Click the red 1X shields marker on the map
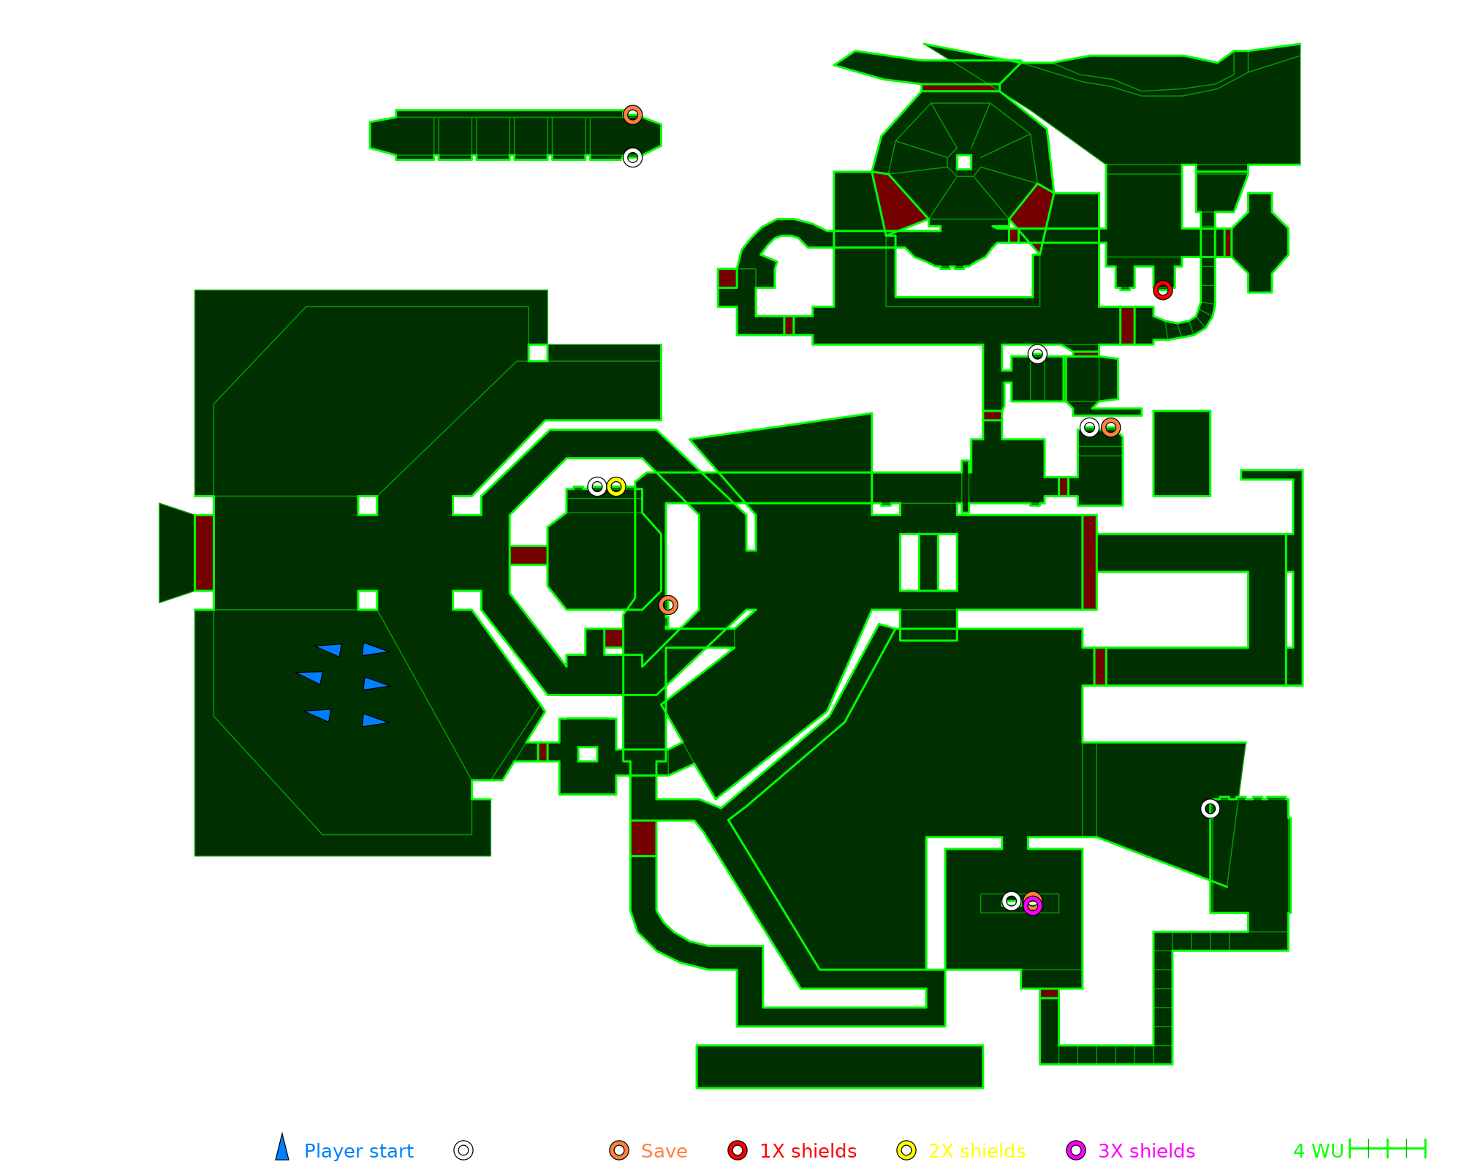[1163, 290]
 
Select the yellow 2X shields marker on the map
[616, 486]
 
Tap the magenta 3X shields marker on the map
[1032, 906]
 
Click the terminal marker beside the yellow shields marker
[597, 486]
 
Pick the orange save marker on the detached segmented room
[633, 115]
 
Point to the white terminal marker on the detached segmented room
[633, 157]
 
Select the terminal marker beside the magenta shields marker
[1011, 901]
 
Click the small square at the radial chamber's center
[964, 162]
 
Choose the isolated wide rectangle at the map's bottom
[839, 1066]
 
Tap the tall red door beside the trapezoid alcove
[204, 553]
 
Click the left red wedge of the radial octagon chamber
[898, 201]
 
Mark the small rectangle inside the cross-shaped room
[588, 754]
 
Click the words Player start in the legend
[358, 1151]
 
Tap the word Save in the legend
[664, 1151]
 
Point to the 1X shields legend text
[808, 1151]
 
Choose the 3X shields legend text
[1146, 1151]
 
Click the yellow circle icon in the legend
[906, 1150]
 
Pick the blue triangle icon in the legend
[282, 1149]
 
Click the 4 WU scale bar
[1387, 1149]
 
